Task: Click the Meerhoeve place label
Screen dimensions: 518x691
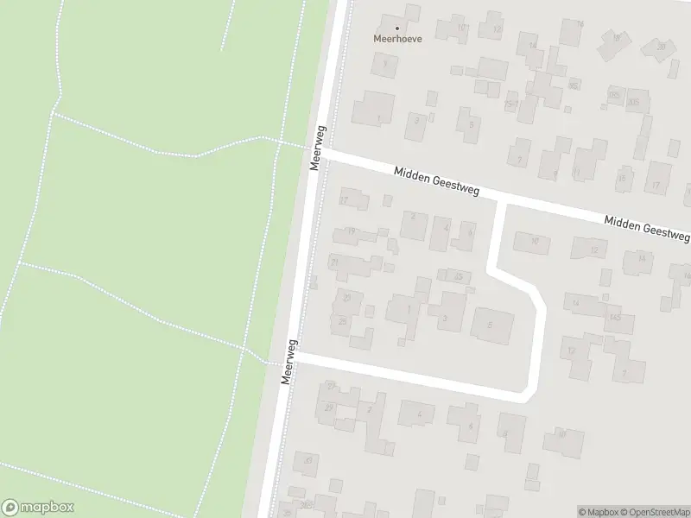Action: click(397, 39)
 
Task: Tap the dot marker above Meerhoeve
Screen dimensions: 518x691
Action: click(397, 28)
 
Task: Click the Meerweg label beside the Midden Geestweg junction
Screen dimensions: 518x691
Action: click(318, 146)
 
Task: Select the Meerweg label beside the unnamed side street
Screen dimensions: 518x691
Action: click(290, 361)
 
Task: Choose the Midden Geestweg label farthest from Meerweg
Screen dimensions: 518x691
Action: click(647, 227)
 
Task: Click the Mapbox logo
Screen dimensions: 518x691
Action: click(38, 508)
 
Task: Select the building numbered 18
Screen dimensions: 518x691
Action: click(615, 39)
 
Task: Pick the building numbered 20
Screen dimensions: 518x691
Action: click(661, 46)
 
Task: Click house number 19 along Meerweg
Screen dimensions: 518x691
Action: click(351, 231)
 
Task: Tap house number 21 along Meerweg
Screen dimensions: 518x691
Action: click(334, 262)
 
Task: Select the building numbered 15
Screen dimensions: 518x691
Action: click(621, 179)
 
